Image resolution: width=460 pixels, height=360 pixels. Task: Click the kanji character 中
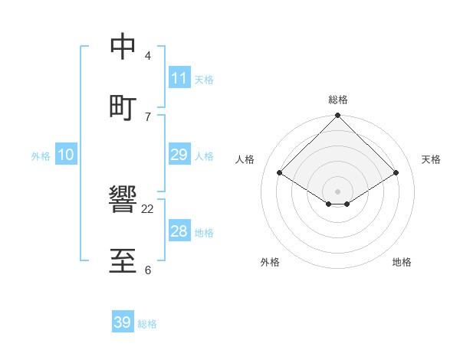[x=123, y=47]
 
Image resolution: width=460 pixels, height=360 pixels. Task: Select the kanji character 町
[x=123, y=106]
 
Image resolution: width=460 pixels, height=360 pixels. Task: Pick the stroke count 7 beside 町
[x=147, y=116]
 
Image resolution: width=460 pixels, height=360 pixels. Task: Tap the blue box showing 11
[x=179, y=78]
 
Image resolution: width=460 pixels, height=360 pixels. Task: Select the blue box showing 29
[x=179, y=155]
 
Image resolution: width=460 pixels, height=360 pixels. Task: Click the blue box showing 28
[x=179, y=231]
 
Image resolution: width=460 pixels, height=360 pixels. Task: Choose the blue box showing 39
[x=123, y=322]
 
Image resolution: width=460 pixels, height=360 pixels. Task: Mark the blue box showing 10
[x=66, y=155]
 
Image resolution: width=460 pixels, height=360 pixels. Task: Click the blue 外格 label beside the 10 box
[x=41, y=156]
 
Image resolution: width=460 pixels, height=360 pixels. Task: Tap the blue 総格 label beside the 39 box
[x=147, y=324]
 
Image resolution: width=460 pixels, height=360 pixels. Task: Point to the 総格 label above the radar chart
[x=338, y=100]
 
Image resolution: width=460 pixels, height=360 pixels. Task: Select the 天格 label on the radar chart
[x=432, y=159]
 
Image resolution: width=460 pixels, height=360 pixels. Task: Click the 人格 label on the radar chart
[x=245, y=159]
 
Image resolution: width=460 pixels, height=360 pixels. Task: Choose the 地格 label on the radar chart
[x=402, y=262]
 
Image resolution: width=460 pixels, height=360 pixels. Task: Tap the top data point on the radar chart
[x=338, y=116]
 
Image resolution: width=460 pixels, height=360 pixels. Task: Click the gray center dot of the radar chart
[x=338, y=191]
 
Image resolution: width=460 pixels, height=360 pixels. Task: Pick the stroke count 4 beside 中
[x=147, y=56]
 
